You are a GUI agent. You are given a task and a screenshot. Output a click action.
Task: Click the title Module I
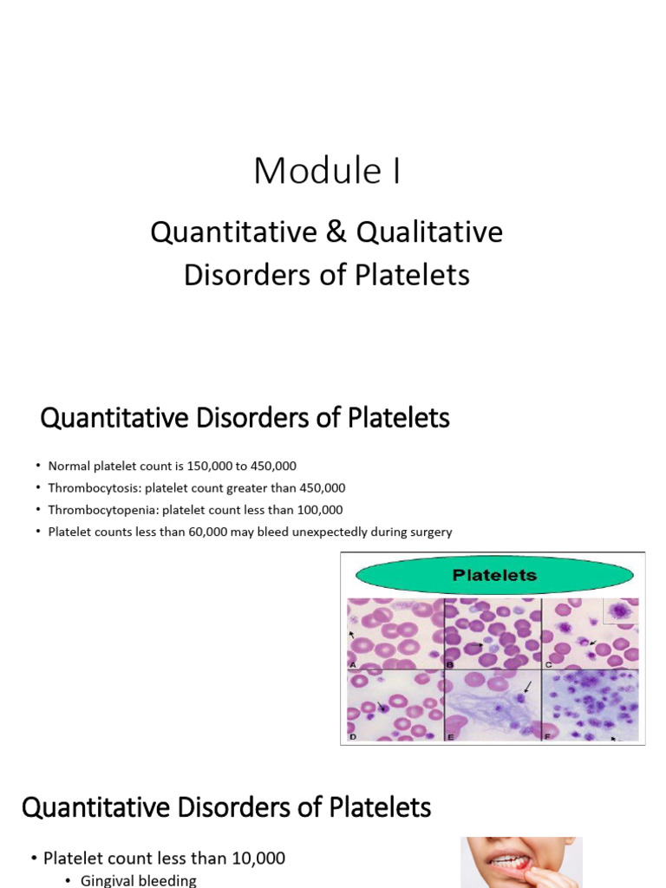[x=327, y=171]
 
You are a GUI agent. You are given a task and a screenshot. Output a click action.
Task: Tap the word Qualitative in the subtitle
[x=429, y=232]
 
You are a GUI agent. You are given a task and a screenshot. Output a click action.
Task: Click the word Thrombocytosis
[x=89, y=488]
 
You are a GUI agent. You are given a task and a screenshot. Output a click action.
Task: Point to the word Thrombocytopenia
[x=95, y=510]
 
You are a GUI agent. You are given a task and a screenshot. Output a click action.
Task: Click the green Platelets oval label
[x=494, y=574]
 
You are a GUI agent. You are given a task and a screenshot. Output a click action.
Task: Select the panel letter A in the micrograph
[x=353, y=663]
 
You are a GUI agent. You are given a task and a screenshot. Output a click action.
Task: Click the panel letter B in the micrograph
[x=450, y=663]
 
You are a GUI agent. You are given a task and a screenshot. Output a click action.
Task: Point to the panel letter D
[x=353, y=735]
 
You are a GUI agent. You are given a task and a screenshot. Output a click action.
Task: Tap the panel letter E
[x=450, y=735]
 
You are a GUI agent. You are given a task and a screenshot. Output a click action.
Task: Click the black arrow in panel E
[x=526, y=689]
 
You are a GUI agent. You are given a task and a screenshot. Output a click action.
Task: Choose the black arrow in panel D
[x=379, y=706]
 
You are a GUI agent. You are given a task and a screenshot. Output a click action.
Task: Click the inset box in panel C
[x=620, y=612]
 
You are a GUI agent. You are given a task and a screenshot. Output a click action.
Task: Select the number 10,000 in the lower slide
[x=251, y=859]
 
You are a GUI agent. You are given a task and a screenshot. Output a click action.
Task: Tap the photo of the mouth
[x=520, y=862]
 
